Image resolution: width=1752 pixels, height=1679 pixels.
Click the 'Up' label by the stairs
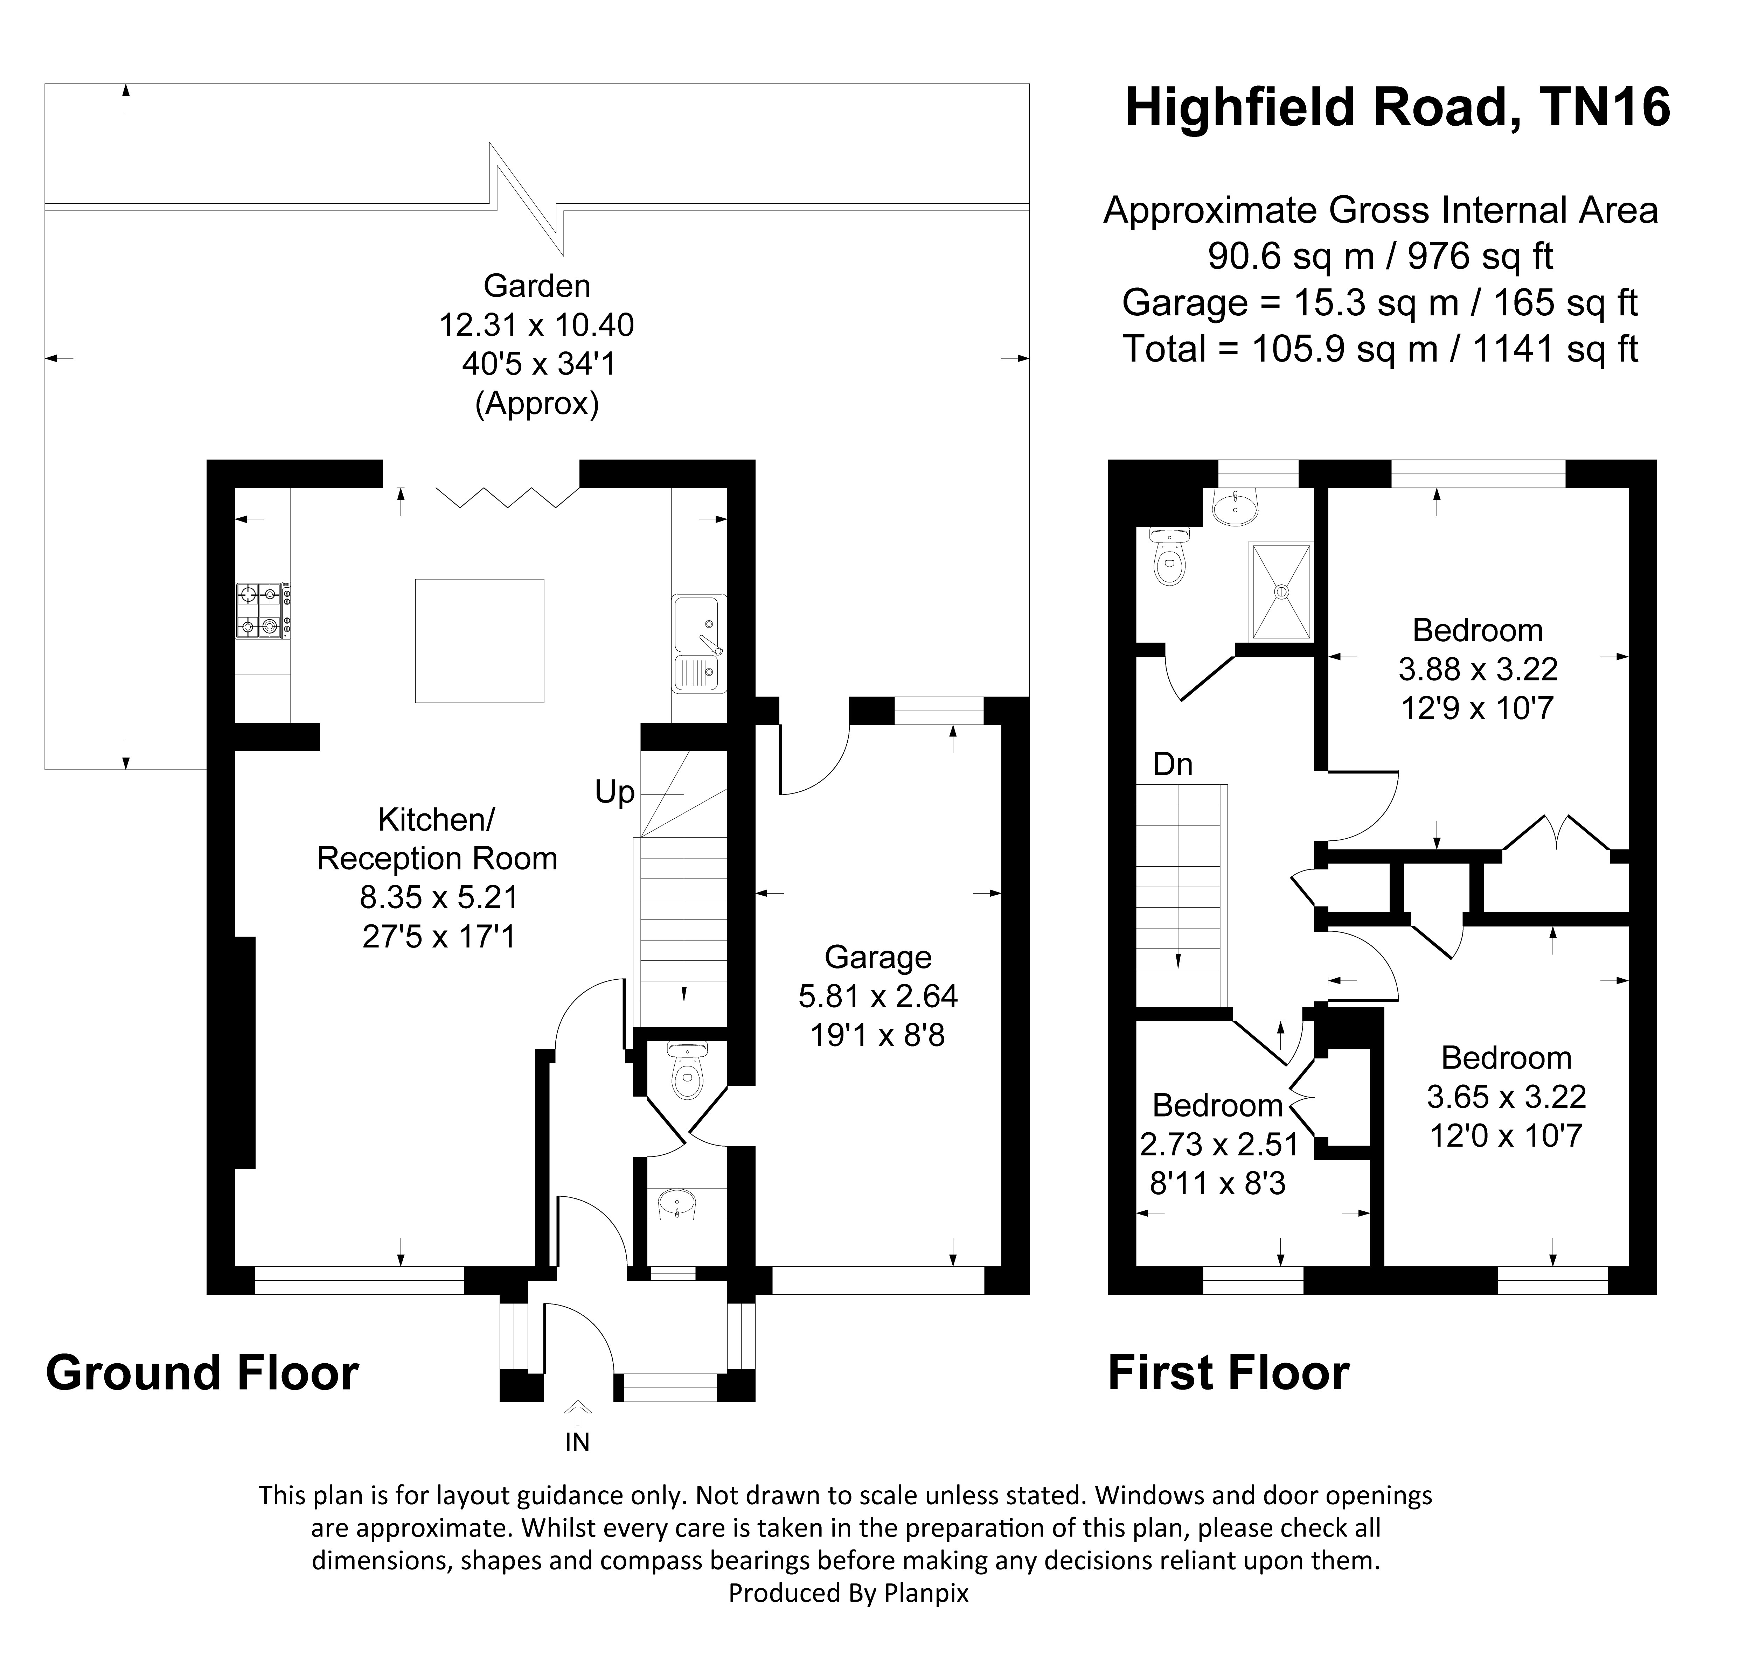[x=615, y=792]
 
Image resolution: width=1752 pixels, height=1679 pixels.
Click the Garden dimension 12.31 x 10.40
[x=536, y=325]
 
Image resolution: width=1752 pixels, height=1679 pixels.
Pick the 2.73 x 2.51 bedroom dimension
[x=1219, y=1145]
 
